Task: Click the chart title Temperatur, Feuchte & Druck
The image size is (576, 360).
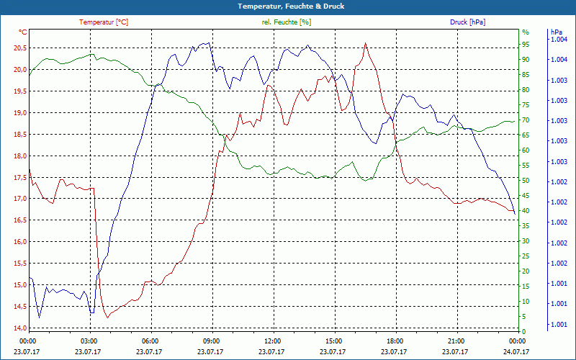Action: (287, 6)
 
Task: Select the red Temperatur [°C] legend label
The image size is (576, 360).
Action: (104, 22)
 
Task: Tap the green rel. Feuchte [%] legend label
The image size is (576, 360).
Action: (287, 22)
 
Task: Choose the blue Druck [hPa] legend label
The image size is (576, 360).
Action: (467, 22)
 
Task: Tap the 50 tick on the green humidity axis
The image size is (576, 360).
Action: (526, 181)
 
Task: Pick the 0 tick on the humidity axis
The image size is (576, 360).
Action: (524, 331)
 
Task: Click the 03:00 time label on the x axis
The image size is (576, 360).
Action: (89, 341)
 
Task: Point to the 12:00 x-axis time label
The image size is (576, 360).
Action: (273, 341)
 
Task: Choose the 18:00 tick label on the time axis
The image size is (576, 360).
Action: (395, 341)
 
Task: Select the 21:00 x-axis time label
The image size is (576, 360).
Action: (456, 341)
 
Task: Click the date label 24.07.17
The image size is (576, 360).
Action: (518, 351)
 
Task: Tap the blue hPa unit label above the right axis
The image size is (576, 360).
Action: (556, 32)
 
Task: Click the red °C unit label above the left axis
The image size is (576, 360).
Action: (22, 32)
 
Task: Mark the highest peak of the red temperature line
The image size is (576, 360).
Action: (366, 43)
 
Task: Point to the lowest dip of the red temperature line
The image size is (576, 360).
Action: (107, 318)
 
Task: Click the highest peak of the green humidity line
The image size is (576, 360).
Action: (91, 54)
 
